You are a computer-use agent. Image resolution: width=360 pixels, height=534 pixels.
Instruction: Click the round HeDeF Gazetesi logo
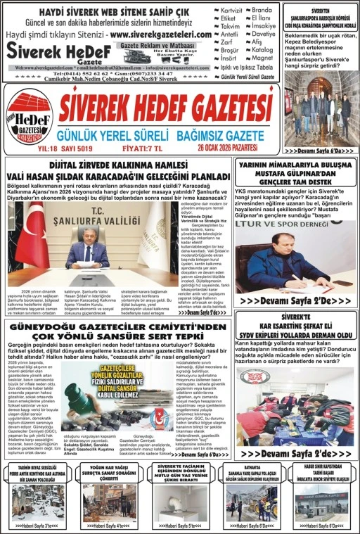(30, 115)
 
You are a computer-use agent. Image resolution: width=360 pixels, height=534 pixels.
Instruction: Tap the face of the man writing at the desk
(277, 246)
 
